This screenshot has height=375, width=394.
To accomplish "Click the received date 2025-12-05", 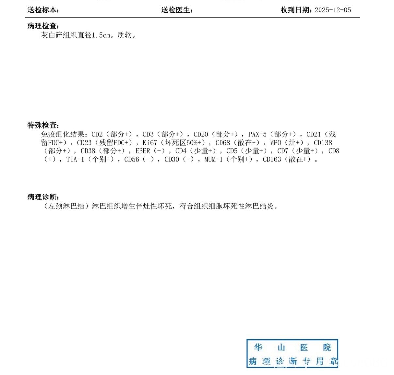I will (x=333, y=10).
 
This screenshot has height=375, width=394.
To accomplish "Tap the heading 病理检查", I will (x=43, y=26).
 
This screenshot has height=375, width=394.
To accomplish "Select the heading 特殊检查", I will (x=43, y=125).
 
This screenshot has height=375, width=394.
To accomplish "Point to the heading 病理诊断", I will (x=43, y=197).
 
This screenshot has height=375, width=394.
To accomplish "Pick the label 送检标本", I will (x=43, y=10).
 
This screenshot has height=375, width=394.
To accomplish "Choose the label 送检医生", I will (x=177, y=10).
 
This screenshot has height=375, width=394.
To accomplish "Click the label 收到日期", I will (x=296, y=10).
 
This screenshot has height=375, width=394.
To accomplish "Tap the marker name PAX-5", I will (x=257, y=134).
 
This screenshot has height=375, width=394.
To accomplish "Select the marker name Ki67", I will (x=150, y=143).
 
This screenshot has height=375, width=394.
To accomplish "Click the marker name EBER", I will (x=143, y=151).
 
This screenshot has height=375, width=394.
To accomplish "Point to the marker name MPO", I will (x=275, y=143).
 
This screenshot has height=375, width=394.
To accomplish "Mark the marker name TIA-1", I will (x=75, y=160).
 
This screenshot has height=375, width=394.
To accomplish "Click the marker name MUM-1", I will (x=213, y=160).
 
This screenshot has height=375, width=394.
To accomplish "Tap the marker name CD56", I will (x=132, y=160).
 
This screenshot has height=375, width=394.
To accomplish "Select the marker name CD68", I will (x=223, y=143).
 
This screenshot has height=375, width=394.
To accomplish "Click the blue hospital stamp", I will (x=292, y=354).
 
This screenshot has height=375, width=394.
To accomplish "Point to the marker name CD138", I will (x=323, y=143).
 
